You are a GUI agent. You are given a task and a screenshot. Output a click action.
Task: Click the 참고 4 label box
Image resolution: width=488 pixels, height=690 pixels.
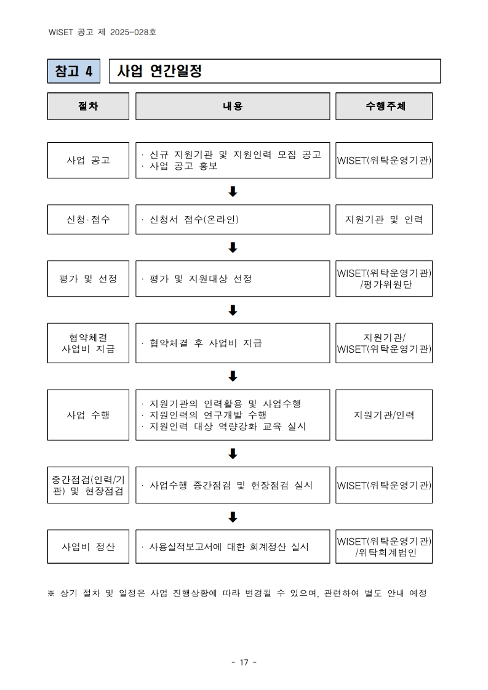tap(74, 71)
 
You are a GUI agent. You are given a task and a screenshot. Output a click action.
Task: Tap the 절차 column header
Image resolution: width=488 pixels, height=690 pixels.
tap(88, 106)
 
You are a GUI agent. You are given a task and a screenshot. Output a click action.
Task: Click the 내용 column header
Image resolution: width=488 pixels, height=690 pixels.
tap(233, 106)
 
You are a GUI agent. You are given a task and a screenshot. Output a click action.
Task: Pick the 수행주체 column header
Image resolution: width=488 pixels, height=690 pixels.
tap(384, 106)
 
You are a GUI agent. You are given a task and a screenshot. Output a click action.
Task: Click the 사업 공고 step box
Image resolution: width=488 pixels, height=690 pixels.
tap(88, 160)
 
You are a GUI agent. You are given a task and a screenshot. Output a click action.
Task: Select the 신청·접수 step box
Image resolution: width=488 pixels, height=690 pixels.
tap(88, 219)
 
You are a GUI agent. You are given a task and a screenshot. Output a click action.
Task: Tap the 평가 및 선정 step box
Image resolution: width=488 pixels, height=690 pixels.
tap(88, 278)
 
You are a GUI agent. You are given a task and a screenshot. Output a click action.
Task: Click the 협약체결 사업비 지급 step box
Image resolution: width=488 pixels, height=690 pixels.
tap(88, 343)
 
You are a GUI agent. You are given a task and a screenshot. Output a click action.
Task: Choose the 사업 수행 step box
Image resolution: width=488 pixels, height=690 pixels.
tap(88, 414)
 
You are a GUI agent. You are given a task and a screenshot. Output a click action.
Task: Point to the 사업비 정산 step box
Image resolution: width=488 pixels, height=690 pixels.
tap(88, 546)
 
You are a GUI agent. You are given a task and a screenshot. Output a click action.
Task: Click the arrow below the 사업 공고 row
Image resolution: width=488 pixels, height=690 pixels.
tap(233, 191)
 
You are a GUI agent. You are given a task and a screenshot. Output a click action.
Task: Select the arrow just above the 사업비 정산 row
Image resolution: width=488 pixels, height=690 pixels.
tap(233, 516)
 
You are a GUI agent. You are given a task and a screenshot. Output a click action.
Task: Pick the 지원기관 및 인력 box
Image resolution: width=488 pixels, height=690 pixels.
tap(384, 219)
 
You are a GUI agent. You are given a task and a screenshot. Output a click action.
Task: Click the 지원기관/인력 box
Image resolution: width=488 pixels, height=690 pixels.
tap(384, 414)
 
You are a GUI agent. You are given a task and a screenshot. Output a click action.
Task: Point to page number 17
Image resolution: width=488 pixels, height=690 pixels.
tap(244, 662)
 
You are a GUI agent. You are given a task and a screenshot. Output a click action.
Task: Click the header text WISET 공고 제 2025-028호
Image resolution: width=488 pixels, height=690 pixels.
tap(102, 32)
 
